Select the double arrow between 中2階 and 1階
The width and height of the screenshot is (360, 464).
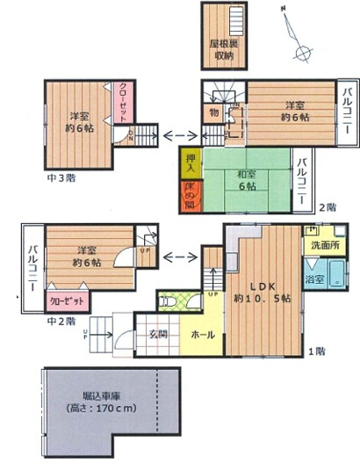click(x=180, y=257)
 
